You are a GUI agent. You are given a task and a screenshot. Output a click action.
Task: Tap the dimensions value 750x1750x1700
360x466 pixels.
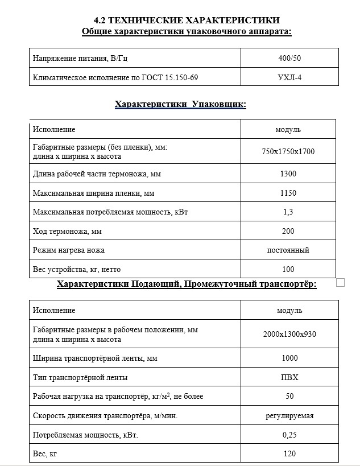pos(288,151)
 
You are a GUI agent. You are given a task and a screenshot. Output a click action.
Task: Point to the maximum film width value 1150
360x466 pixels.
pos(288,193)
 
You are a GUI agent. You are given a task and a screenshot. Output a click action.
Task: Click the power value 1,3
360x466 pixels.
pos(288,212)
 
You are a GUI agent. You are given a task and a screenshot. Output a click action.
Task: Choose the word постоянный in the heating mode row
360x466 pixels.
pos(288,250)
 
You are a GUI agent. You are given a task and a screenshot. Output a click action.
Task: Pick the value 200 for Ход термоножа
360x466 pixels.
pos(288,231)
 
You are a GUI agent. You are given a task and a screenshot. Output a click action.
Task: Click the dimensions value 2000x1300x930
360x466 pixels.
pos(289,334)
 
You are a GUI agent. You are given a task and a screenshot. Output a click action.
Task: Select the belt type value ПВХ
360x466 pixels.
pos(289,377)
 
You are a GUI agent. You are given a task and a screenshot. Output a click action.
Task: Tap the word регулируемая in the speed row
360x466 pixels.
pos(289,415)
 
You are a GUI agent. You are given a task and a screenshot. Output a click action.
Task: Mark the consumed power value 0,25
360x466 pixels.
pos(289,435)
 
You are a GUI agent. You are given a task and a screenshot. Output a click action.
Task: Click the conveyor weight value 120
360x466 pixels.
pos(289,453)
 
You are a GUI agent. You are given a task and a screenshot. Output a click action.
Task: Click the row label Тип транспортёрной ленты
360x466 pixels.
pos(80,377)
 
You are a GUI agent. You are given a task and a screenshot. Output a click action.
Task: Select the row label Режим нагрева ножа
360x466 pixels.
pos(69,250)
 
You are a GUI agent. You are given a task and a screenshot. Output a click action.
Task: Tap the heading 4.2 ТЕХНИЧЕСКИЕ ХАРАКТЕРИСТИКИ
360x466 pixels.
pos(187,20)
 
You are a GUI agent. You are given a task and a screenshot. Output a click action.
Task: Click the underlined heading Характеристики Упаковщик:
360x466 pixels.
pos(180,104)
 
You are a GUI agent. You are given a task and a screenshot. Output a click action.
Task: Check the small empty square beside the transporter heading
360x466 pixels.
pos(341,282)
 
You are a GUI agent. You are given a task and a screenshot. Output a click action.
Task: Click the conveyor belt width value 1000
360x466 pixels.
pos(289,358)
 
